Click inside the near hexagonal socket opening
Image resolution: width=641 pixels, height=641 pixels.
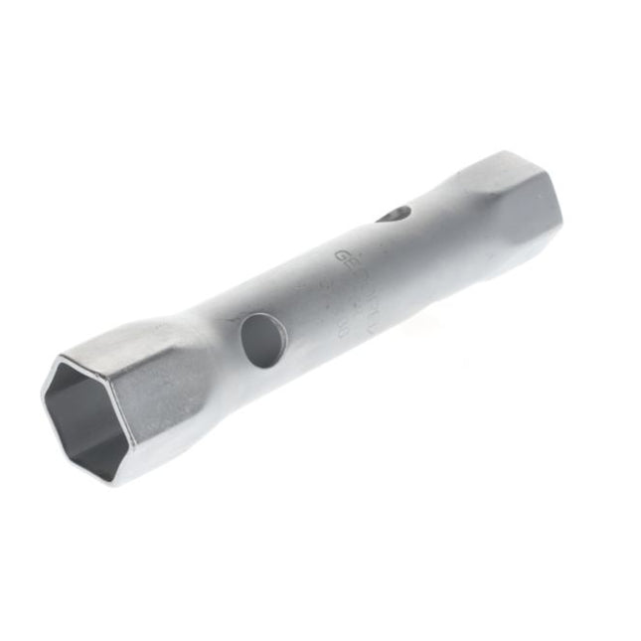pos(81,416)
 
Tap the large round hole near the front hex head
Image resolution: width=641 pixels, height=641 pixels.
pos(263,340)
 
